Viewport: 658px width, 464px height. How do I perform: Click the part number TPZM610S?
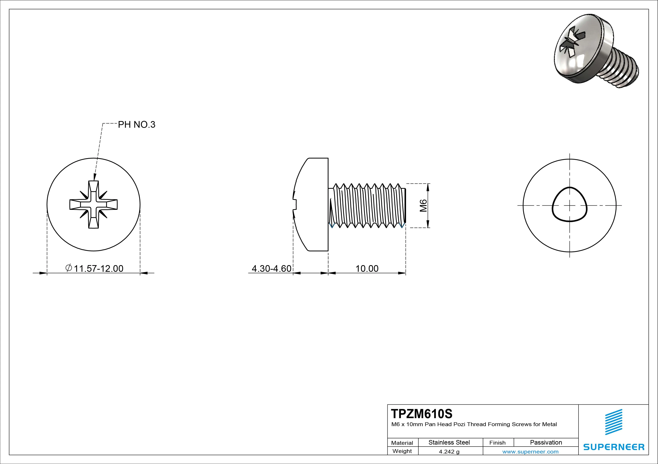pyautogui.click(x=421, y=414)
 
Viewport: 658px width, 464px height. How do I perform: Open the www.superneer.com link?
pyautogui.click(x=530, y=452)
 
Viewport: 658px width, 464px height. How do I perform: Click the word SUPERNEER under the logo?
pyautogui.click(x=614, y=447)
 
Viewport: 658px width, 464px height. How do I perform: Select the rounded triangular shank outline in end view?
pyautogui.click(x=569, y=205)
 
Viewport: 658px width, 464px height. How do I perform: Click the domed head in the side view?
pyautogui.click(x=312, y=205)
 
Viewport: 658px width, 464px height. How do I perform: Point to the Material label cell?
pyautogui.click(x=402, y=443)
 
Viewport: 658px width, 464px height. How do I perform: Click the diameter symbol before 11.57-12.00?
pyautogui.click(x=69, y=268)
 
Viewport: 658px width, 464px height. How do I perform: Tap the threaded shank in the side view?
pyautogui.click(x=368, y=206)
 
